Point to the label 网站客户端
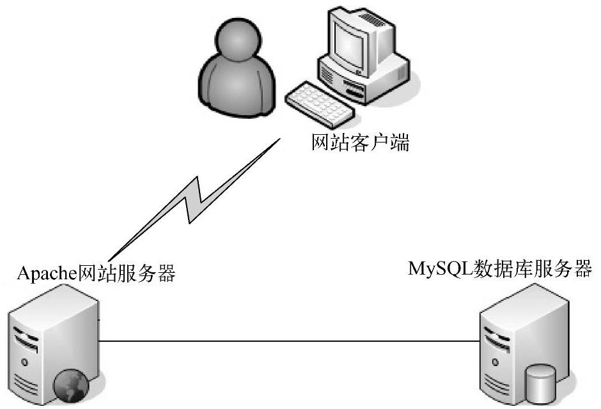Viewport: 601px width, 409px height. click(360, 142)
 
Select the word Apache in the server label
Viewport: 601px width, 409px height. click(47, 274)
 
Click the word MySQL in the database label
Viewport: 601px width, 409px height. click(440, 269)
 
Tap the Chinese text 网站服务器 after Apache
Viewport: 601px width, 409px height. click(127, 274)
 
